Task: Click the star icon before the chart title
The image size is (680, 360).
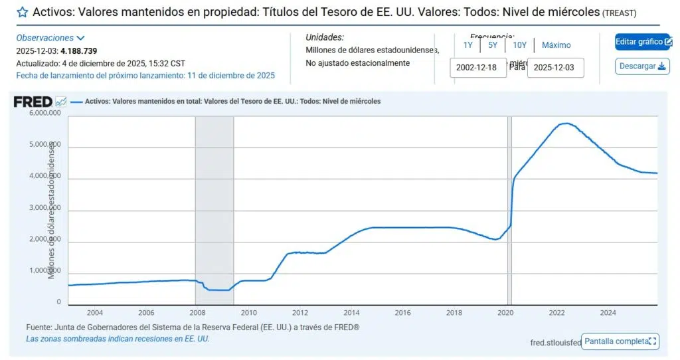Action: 23,12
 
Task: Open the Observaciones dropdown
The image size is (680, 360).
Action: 50,39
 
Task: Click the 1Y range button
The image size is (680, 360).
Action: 468,45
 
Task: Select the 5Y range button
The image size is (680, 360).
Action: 492,45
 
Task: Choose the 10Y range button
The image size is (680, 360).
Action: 519,45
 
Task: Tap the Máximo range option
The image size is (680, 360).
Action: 556,45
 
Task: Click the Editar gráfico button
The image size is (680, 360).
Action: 642,42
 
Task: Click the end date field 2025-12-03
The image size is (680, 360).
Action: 555,68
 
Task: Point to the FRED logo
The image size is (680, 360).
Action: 33,102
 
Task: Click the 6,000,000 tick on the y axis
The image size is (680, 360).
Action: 45,114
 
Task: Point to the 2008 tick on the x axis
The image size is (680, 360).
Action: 197,312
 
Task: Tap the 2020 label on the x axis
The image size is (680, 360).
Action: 505,312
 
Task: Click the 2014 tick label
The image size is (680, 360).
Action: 351,312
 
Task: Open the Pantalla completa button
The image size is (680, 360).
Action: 620,341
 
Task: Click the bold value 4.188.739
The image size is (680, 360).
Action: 79,50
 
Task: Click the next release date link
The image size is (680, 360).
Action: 145,76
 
